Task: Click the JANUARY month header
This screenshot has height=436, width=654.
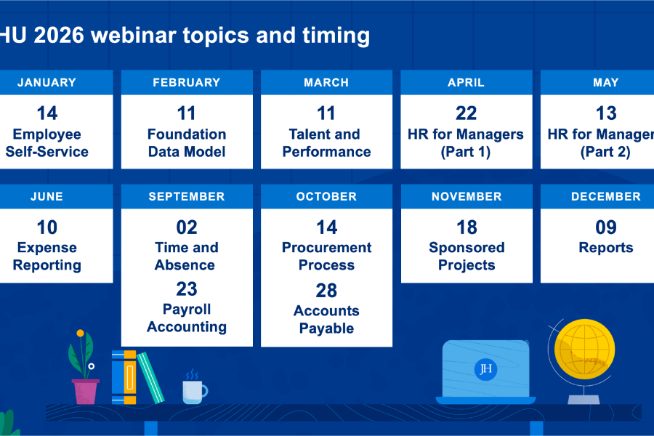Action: pyautogui.click(x=47, y=83)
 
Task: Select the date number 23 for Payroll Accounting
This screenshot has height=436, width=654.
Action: pyautogui.click(x=187, y=289)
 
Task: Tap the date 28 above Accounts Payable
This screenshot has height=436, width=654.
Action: pyautogui.click(x=326, y=291)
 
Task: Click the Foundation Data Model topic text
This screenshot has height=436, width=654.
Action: pyautogui.click(x=187, y=143)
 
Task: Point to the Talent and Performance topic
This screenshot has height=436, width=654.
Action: pyautogui.click(x=326, y=143)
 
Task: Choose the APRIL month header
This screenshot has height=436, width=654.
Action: pyautogui.click(x=466, y=83)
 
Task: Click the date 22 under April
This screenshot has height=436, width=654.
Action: pyautogui.click(x=466, y=113)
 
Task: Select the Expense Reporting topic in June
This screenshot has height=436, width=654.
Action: pyautogui.click(x=47, y=257)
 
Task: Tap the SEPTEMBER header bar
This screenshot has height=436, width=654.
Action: pyautogui.click(x=187, y=196)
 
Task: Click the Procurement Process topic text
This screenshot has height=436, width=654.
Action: pyautogui.click(x=326, y=257)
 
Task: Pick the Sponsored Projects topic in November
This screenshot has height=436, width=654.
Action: pyautogui.click(x=466, y=257)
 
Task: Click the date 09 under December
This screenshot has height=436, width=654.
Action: pyautogui.click(x=605, y=227)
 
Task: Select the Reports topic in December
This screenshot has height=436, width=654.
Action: pyautogui.click(x=605, y=248)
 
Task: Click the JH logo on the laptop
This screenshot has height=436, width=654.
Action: pyautogui.click(x=485, y=369)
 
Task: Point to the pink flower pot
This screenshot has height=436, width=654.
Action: pyautogui.click(x=85, y=391)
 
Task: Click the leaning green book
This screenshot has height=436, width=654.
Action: pyautogui.click(x=150, y=377)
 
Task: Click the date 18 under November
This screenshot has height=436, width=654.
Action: pyautogui.click(x=466, y=227)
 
